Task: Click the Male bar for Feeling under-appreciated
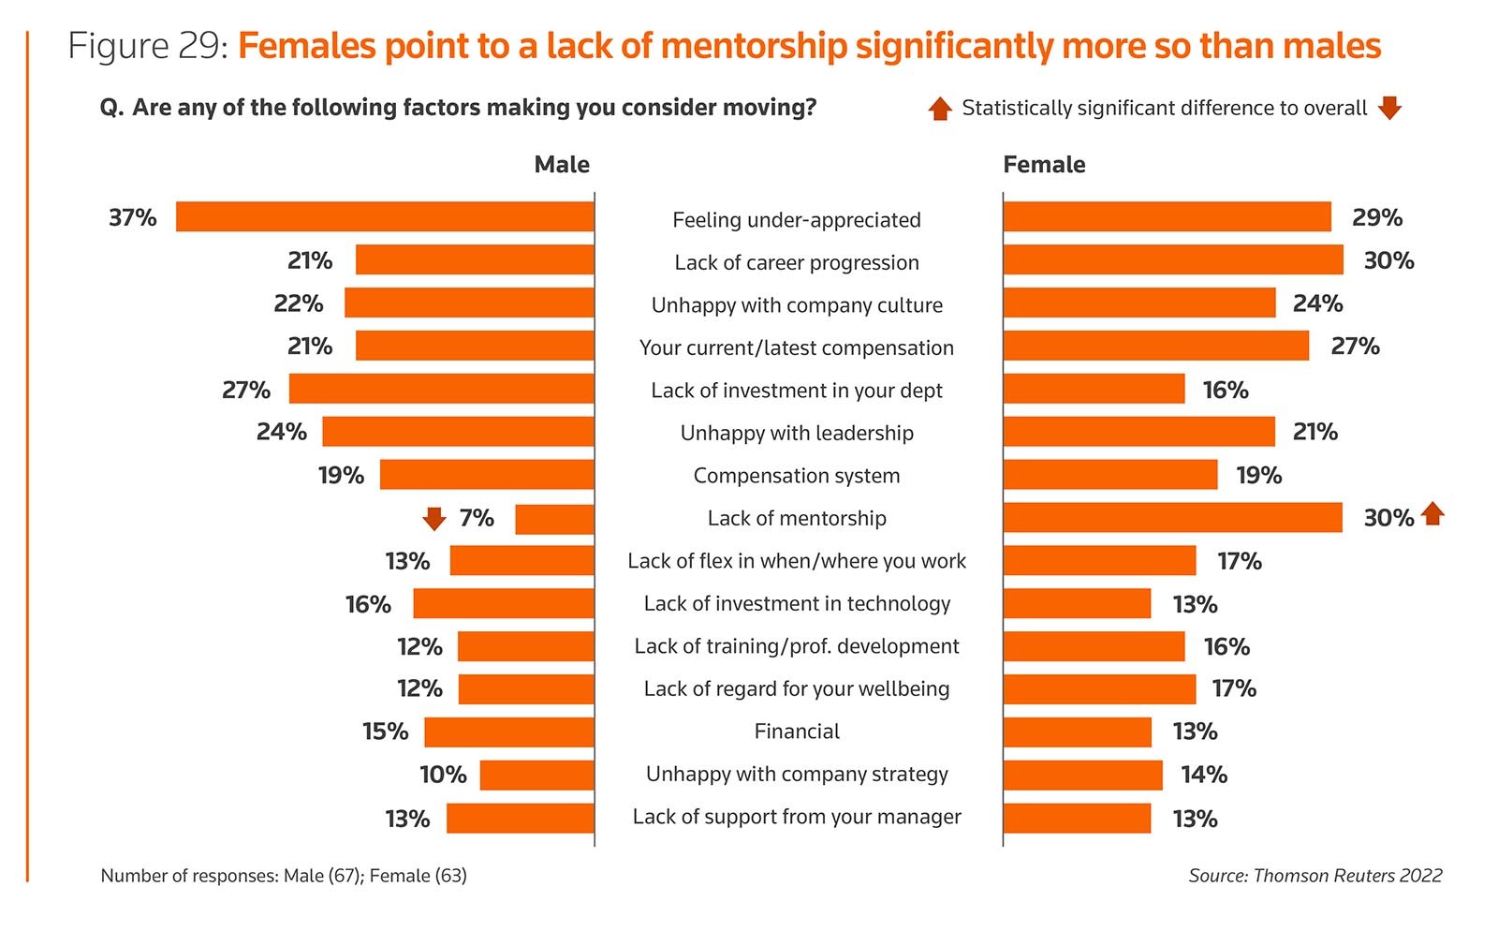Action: (385, 216)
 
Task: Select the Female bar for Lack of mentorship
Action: (1172, 517)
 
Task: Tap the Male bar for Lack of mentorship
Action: (554, 519)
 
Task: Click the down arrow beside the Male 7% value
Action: (433, 518)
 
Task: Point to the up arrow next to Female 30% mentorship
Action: (1432, 513)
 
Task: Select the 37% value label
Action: (132, 217)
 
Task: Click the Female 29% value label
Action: (1376, 217)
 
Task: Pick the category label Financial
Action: (797, 731)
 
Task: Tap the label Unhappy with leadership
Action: (797, 433)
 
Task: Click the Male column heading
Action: (562, 165)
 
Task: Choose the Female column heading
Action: (1044, 165)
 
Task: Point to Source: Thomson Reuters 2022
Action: (1314, 876)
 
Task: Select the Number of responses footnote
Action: (284, 876)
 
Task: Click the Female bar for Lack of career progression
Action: (1172, 259)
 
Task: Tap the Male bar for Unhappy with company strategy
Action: (536, 775)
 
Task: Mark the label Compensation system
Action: (797, 476)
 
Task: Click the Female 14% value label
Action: (1203, 775)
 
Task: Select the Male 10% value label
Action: (443, 775)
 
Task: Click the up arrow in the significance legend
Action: (940, 109)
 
